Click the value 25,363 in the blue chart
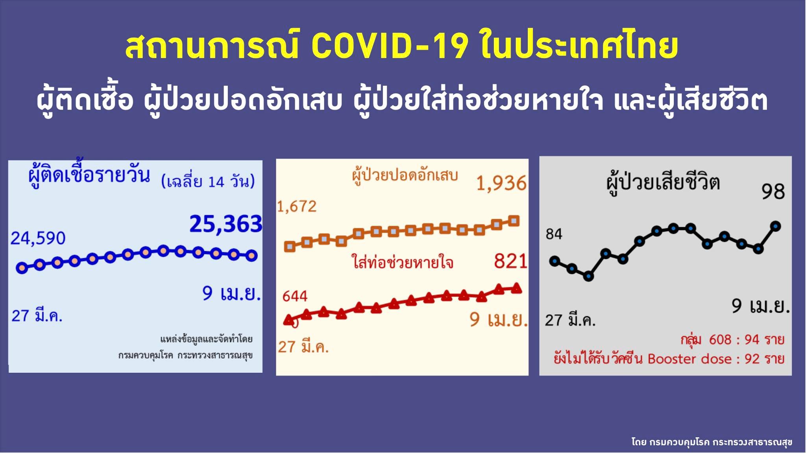pyautogui.click(x=226, y=224)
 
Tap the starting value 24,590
pyautogui.click(x=38, y=238)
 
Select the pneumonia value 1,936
pyautogui.click(x=501, y=184)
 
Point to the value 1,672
pyautogui.click(x=297, y=206)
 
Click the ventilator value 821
pyautogui.click(x=510, y=261)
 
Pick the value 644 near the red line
pyautogui.click(x=295, y=296)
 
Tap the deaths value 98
pyautogui.click(x=773, y=192)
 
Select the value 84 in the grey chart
pyautogui.click(x=554, y=234)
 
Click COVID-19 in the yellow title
pyautogui.click(x=390, y=46)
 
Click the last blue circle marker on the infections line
pyautogui.click(x=252, y=256)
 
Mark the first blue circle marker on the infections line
pyautogui.click(x=22, y=268)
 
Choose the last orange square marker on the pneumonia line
pyautogui.click(x=514, y=221)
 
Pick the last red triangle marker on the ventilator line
pyautogui.click(x=516, y=289)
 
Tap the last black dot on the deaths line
pyautogui.click(x=776, y=226)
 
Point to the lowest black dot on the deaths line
pyautogui.click(x=588, y=276)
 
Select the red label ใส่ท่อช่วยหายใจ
pyautogui.click(x=402, y=262)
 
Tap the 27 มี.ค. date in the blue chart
pyautogui.click(x=37, y=316)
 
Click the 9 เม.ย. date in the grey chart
pyautogui.click(x=760, y=306)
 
